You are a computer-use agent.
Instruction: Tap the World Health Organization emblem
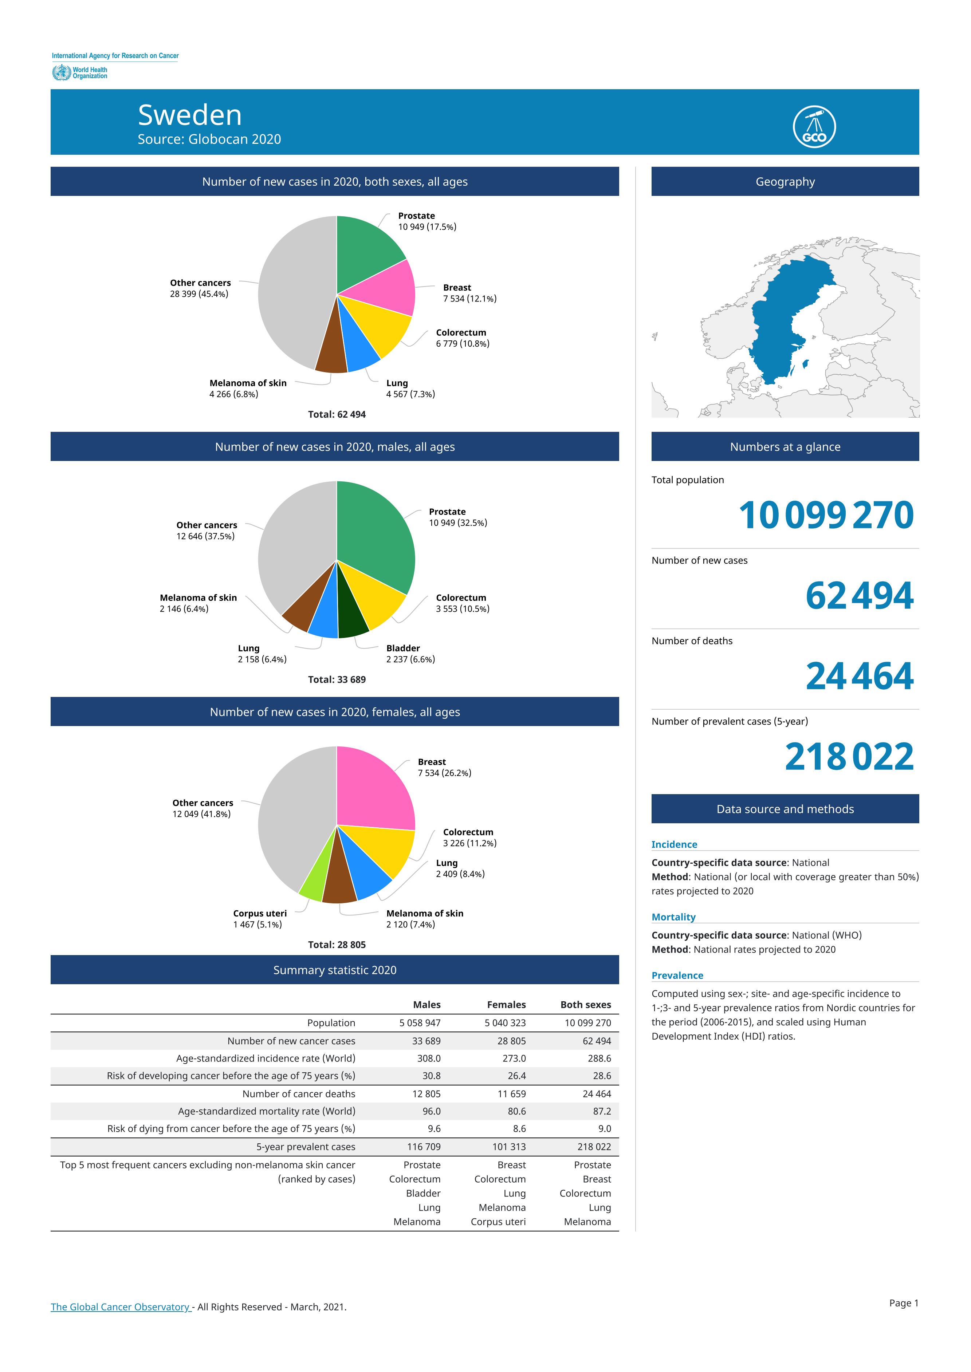tap(61, 73)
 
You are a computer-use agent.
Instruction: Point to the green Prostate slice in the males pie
tap(377, 538)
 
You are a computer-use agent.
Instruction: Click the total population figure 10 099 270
tap(826, 515)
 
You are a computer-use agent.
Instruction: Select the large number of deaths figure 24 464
tap(860, 676)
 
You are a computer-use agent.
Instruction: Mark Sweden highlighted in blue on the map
tap(783, 317)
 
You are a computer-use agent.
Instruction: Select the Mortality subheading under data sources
tap(673, 917)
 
